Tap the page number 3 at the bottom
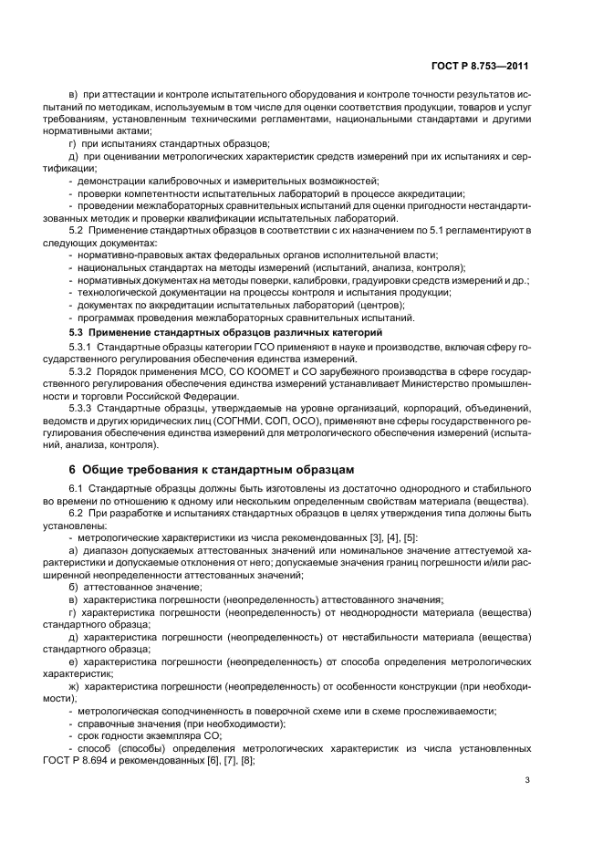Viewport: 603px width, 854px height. point(526,778)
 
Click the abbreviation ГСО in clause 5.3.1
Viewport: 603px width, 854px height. point(221,348)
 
